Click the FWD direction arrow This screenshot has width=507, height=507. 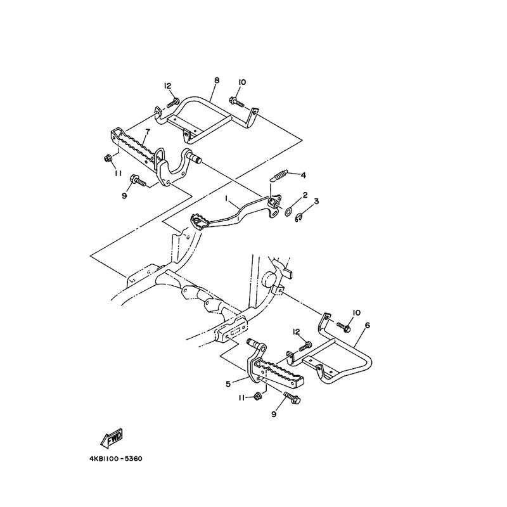click(x=112, y=438)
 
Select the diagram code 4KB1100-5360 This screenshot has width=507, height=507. click(x=116, y=459)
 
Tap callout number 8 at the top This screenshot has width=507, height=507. click(x=217, y=80)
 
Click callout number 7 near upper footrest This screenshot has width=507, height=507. click(x=148, y=131)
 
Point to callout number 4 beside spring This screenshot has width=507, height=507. click(x=303, y=175)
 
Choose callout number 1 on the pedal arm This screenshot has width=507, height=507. click(x=227, y=197)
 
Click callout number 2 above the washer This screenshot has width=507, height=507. click(x=305, y=195)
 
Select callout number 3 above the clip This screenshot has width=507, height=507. click(x=316, y=201)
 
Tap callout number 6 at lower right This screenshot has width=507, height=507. click(x=367, y=325)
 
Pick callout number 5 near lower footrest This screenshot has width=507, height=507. click(x=228, y=384)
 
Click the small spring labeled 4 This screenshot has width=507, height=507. click(x=279, y=177)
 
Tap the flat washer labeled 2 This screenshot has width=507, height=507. click(x=288, y=212)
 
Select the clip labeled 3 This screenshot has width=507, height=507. click(x=298, y=219)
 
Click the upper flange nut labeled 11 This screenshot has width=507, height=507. click(x=108, y=158)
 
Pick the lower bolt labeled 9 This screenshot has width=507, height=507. click(x=292, y=397)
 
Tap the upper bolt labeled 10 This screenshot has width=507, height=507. click(x=236, y=101)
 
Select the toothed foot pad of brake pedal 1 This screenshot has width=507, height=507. click(x=200, y=221)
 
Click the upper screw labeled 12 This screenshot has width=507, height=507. click(x=173, y=103)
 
